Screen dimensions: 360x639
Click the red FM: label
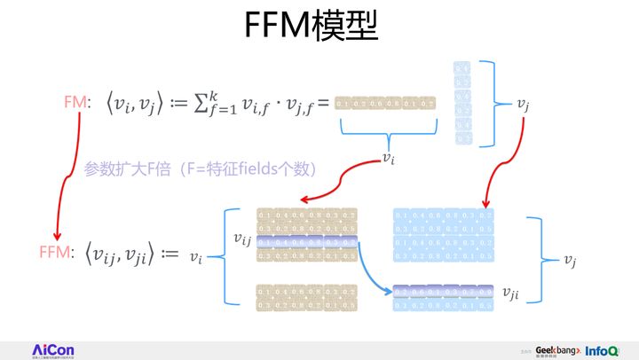[75, 104]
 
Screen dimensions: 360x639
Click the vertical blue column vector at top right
[462, 103]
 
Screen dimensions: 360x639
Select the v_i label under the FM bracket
[388, 158]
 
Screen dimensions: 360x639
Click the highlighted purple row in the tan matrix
[306, 243]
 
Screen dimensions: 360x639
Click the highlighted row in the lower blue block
[441, 291]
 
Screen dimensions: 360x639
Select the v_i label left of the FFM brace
[197, 257]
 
